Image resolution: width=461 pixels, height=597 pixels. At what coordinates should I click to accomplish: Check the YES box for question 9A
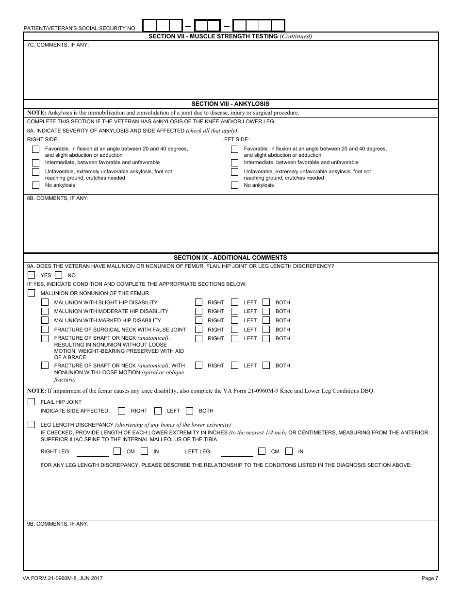32,275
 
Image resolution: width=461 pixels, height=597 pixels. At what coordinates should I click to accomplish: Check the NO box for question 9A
59,275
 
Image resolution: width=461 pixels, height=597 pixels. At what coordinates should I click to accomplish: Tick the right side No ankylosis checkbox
35,185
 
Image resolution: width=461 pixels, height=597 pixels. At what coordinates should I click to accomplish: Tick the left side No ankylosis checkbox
234,185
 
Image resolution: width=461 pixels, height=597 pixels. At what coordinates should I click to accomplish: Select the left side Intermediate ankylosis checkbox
234,163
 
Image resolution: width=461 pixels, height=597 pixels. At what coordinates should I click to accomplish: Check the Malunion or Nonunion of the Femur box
32,293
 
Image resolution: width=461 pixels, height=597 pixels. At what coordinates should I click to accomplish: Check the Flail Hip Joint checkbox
32,402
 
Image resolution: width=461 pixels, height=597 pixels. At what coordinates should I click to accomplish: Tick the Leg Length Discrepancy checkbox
32,425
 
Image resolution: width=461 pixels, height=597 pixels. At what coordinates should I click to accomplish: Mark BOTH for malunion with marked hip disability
266,320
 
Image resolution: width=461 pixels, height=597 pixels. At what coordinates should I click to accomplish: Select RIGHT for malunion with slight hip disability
198,302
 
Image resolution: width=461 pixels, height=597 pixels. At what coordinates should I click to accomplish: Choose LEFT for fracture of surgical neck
234,330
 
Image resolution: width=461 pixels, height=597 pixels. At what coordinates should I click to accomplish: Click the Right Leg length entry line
93,452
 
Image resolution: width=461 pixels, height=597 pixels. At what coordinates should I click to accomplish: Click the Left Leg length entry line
237,452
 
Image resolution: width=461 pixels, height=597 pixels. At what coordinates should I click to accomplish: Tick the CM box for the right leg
117,451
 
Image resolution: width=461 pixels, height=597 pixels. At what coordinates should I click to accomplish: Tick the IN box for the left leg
289,451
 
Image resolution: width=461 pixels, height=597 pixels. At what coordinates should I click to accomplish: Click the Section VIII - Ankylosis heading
230,104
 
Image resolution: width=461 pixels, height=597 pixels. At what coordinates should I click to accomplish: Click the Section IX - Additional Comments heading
230,258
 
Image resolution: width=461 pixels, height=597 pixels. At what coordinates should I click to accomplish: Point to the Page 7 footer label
429,578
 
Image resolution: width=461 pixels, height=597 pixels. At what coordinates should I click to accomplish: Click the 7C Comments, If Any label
58,45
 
